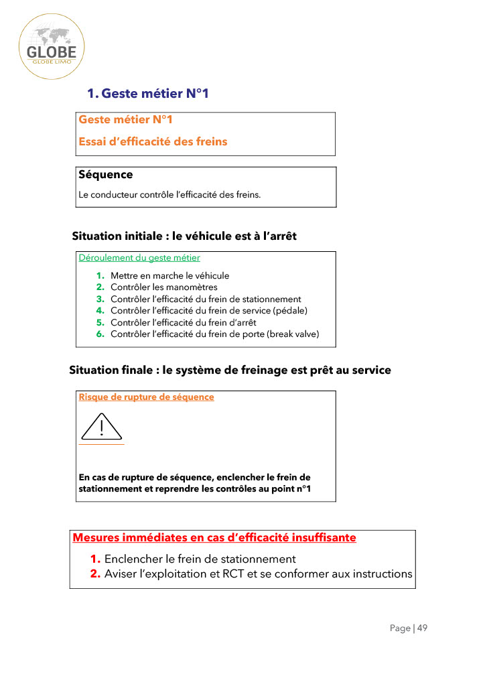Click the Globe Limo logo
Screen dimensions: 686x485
pyautogui.click(x=52, y=47)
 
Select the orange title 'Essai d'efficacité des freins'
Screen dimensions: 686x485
pyautogui.click(x=153, y=141)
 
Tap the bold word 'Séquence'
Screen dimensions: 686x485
pyautogui.click(x=106, y=175)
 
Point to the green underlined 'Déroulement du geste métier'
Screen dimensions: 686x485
pyautogui.click(x=139, y=257)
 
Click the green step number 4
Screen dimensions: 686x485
pyautogui.click(x=100, y=310)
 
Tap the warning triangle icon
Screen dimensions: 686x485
pyautogui.click(x=101, y=426)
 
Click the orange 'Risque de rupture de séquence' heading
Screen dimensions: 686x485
pyautogui.click(x=147, y=397)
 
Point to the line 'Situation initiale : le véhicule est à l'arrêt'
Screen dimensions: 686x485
pyautogui.click(x=184, y=236)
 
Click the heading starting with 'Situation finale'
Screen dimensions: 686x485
pyautogui.click(x=230, y=370)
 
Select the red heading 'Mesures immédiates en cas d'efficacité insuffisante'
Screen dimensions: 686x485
pyautogui.click(x=214, y=537)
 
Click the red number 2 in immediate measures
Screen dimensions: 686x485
pyautogui.click(x=95, y=574)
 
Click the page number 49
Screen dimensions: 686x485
pyautogui.click(x=422, y=628)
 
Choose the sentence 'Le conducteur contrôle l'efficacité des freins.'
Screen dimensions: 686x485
pyautogui.click(x=169, y=195)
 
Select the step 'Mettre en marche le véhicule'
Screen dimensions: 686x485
pyautogui.click(x=169, y=275)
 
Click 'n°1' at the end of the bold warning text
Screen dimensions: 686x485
pyautogui.click(x=303, y=489)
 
